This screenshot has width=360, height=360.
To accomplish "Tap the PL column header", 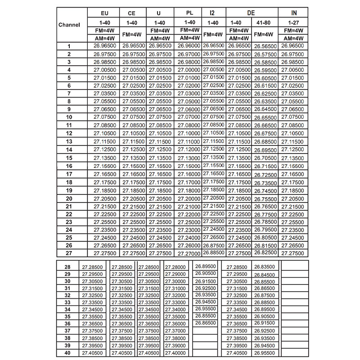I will tap(189, 13).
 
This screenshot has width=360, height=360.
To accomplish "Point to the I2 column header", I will tap(212, 13).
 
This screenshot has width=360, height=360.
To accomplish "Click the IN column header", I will tap(293, 13).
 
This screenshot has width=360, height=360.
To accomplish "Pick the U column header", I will tap(159, 13).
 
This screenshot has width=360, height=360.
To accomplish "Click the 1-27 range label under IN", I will tap(293, 22).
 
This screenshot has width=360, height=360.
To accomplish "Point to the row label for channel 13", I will tap(69, 141).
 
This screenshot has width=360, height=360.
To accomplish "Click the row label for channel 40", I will tap(67, 353).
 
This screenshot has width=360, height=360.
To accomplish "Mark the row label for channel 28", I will tap(67, 267).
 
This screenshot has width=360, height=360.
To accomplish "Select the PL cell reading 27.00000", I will tap(189, 70).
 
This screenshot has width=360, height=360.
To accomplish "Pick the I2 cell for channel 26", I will tap(213, 245).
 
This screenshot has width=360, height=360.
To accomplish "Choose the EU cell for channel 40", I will tap(92, 353).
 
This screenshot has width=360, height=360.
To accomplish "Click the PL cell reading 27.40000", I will tap(175, 353).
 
